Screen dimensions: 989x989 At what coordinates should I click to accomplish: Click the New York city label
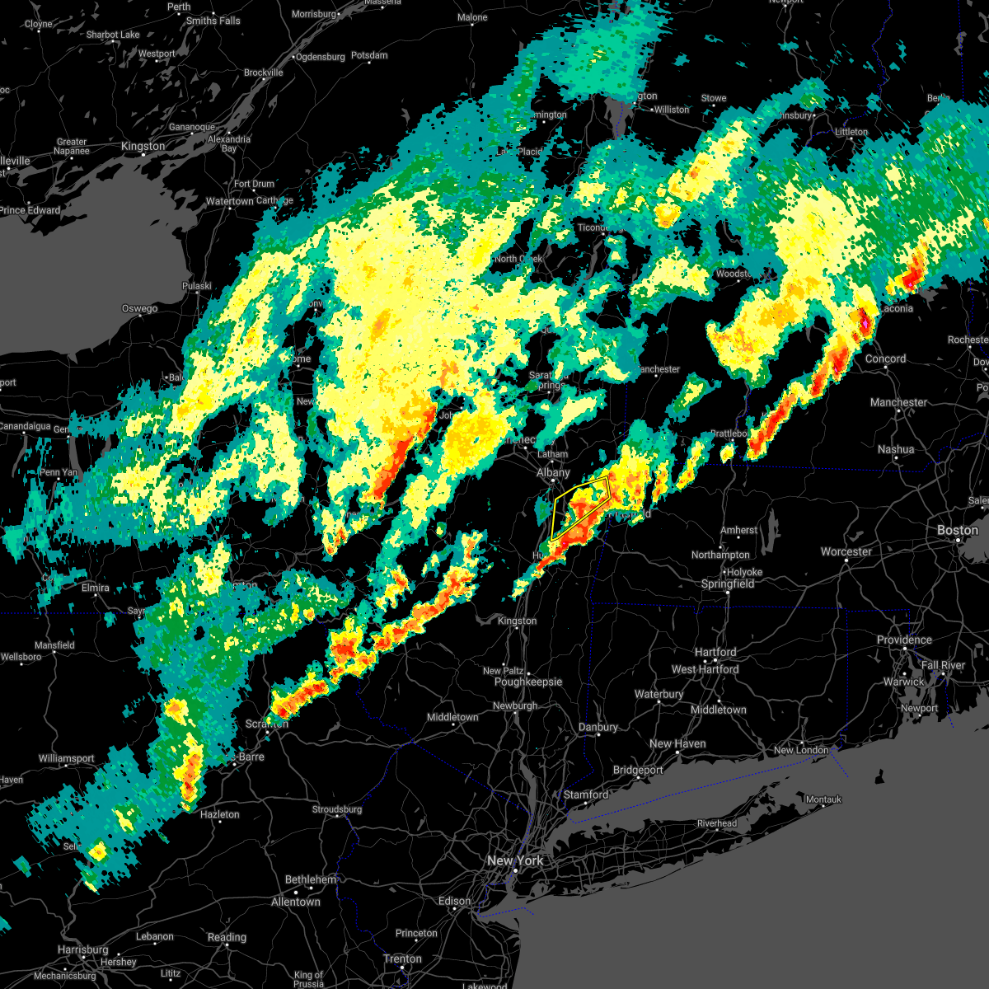coord(515,860)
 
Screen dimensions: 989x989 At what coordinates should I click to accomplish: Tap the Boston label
coord(958,530)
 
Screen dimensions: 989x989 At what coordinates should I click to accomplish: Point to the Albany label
coord(553,472)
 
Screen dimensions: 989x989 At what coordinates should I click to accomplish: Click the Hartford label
coord(715,652)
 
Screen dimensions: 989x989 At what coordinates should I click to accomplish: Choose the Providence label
coord(904,640)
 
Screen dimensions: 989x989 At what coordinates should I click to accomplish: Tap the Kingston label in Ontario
coord(143,146)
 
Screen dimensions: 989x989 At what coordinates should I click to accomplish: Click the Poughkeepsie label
coord(527,682)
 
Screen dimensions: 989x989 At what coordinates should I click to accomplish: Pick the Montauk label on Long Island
coord(823,799)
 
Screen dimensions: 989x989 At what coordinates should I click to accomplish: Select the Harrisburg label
coord(83,949)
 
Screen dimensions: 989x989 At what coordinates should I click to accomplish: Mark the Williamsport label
coord(66,758)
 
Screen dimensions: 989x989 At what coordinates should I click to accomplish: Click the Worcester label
coord(846,551)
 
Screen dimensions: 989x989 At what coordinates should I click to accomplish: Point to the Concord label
coord(885,359)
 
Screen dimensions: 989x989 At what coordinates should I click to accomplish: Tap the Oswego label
coord(139,308)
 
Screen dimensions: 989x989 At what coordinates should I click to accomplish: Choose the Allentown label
coord(296,902)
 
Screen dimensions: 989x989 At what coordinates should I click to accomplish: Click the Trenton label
coord(403,959)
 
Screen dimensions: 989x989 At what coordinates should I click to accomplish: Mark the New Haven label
coord(677,743)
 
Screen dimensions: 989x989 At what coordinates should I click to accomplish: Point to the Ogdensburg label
coord(320,57)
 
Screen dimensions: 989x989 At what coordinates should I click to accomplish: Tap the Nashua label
coord(896,449)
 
